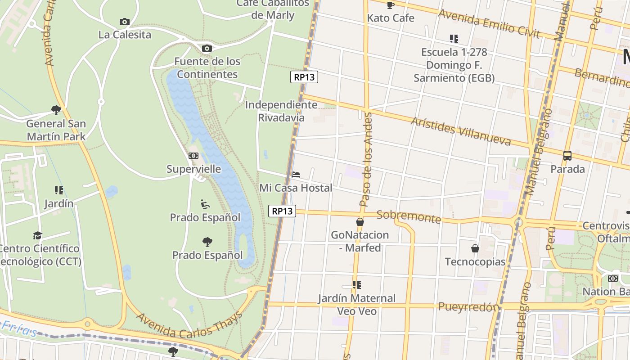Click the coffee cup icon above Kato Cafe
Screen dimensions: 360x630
(390, 5)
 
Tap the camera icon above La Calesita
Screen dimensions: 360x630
(125, 22)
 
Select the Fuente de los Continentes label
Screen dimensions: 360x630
(207, 67)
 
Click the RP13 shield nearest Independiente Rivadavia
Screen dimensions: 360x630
(304, 77)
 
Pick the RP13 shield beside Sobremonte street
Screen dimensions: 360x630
(282, 211)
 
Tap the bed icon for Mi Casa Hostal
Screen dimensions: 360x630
(296, 175)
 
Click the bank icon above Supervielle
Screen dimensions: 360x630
(193, 156)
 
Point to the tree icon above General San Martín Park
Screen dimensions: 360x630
(56, 110)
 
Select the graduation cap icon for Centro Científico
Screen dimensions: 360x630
(38, 236)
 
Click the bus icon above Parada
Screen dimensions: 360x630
(567, 156)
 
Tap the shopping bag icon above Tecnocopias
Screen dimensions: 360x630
(475, 248)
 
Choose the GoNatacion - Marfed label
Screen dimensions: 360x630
(360, 241)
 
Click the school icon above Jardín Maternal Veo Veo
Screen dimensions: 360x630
(357, 285)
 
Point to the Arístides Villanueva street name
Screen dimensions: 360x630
(461, 131)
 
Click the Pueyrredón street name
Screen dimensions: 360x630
(468, 307)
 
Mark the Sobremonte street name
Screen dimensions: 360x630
(409, 216)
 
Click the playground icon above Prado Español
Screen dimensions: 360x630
(205, 204)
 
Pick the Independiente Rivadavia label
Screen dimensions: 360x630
(281, 111)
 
